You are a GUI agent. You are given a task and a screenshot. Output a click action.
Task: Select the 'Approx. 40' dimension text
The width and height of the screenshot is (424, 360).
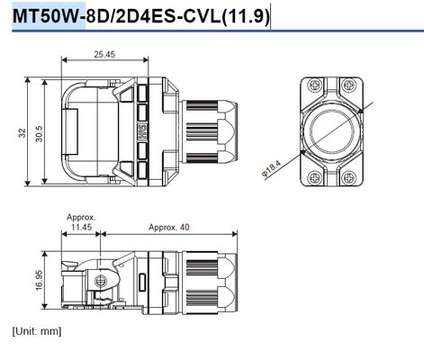click(x=169, y=227)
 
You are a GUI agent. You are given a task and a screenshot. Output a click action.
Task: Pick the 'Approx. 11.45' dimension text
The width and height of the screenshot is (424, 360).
click(x=81, y=222)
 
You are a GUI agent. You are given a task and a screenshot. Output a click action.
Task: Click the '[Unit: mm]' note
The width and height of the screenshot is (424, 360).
click(x=37, y=331)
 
